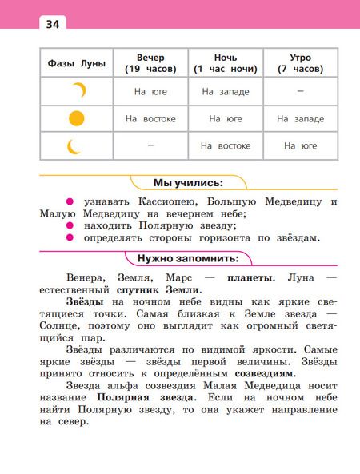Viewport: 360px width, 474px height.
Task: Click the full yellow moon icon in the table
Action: (76, 119)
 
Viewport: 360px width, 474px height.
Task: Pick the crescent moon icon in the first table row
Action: (78, 91)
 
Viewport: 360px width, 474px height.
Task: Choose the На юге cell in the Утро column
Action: (300, 146)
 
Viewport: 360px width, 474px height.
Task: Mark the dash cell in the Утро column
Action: (300, 91)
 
